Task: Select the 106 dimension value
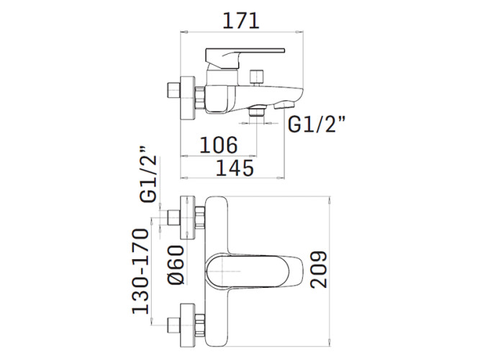218,145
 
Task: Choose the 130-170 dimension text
140,271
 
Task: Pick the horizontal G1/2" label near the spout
318,125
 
